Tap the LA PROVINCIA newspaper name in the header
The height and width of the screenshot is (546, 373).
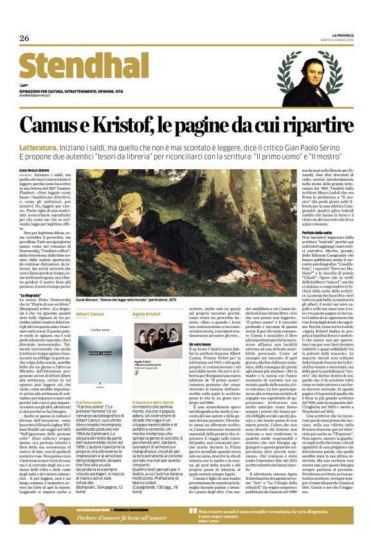tap(337, 34)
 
